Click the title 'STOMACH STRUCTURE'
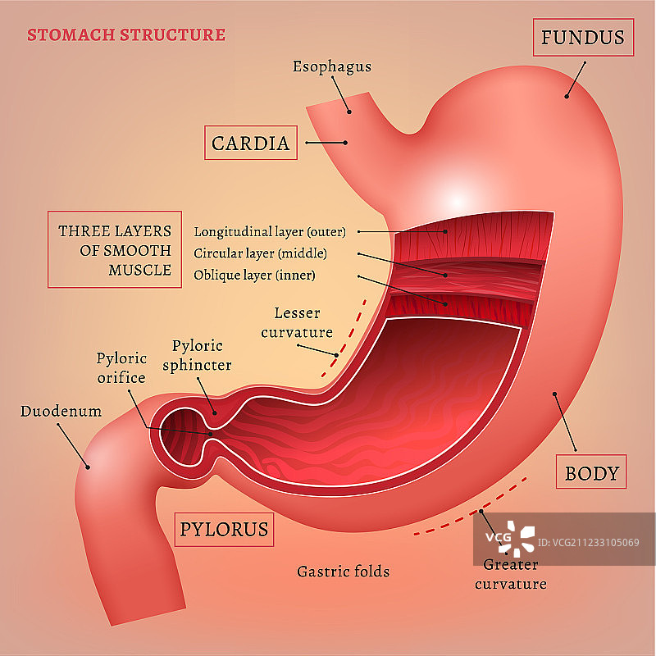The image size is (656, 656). click(126, 35)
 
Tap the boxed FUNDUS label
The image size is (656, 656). click(583, 37)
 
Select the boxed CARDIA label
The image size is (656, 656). click(250, 143)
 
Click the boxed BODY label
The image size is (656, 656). click(591, 472)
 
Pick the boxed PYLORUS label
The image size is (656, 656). click(224, 529)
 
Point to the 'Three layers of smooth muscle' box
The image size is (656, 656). click(115, 251)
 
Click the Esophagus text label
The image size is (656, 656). click(332, 66)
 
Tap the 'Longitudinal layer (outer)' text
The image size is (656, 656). click(270, 231)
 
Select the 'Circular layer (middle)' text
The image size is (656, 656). click(260, 253)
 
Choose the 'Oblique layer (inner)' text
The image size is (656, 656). click(254, 275)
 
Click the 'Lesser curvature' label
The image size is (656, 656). click(303, 323)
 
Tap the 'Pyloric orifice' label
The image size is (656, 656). click(121, 368)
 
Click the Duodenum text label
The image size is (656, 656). click(61, 411)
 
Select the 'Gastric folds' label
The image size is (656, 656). click(343, 571)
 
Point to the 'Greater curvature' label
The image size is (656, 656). click(510, 574)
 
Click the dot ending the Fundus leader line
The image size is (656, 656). click(566, 96)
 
